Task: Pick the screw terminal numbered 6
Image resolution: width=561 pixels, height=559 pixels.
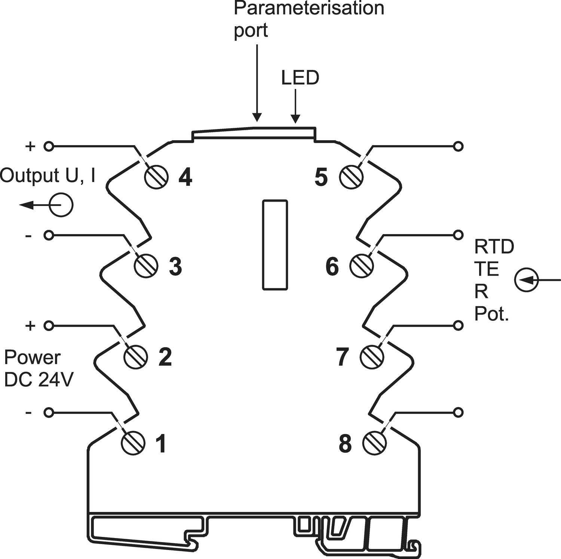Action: point(361,266)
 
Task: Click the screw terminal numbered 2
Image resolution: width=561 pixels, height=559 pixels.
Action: point(135,357)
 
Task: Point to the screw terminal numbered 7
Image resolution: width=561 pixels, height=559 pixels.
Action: point(372,357)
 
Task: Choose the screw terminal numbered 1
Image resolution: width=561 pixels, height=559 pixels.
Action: point(133,443)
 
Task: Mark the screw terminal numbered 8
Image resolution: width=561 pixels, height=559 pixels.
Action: point(374,443)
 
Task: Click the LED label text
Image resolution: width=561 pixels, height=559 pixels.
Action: point(300,78)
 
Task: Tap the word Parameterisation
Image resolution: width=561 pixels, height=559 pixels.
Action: point(309,8)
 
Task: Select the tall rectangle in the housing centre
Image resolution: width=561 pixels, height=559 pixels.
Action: point(275,245)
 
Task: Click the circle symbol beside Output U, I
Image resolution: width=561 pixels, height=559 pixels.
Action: point(61,205)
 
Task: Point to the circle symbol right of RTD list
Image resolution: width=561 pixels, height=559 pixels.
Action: point(526,280)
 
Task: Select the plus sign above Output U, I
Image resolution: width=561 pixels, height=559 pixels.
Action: point(30,146)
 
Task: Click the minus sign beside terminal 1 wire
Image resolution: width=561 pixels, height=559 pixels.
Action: point(28,412)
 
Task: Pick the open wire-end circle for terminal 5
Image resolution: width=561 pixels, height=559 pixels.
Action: point(458,146)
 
